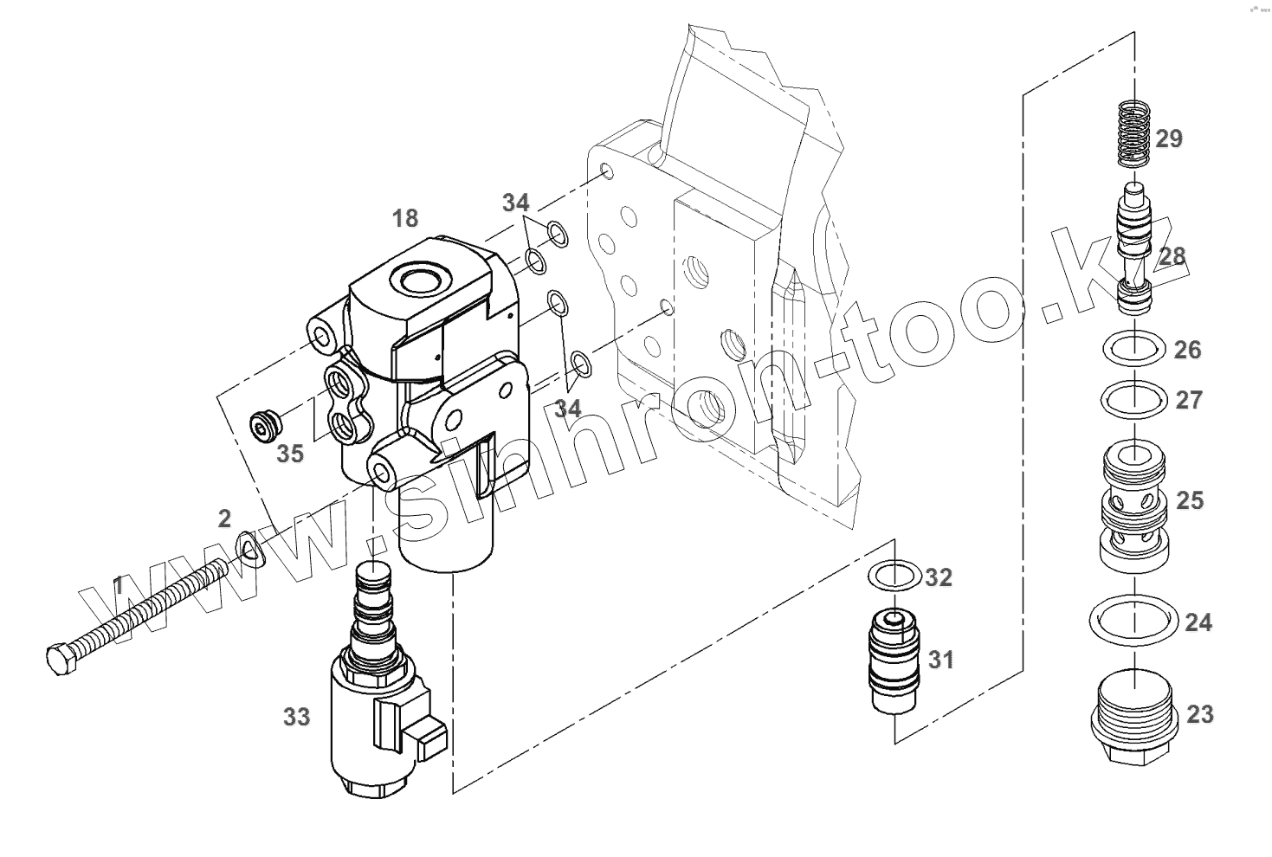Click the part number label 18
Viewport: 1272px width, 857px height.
405,218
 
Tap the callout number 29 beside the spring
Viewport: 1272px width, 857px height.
1169,139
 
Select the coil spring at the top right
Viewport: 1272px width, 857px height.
1133,134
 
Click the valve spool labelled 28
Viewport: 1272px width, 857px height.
1135,251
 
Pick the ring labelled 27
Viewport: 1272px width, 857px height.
1133,398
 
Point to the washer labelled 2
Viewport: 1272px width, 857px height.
251,547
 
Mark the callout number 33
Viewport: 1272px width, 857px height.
297,717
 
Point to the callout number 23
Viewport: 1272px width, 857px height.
1200,715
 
